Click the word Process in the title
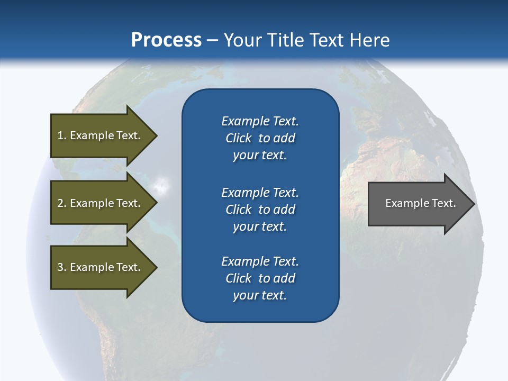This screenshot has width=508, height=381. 166,40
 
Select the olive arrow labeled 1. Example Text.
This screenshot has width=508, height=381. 101,135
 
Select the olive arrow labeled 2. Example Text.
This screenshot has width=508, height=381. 101,203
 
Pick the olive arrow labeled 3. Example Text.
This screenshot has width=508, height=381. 101,267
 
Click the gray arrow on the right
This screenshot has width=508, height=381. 418,203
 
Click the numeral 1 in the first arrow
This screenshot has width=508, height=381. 60,135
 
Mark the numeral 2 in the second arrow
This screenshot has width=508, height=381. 60,203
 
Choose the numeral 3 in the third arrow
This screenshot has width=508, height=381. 60,267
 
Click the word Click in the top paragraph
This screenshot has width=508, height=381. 239,138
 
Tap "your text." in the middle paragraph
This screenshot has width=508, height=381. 260,226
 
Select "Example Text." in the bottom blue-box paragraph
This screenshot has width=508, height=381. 260,261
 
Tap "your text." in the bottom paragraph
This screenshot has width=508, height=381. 260,295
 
